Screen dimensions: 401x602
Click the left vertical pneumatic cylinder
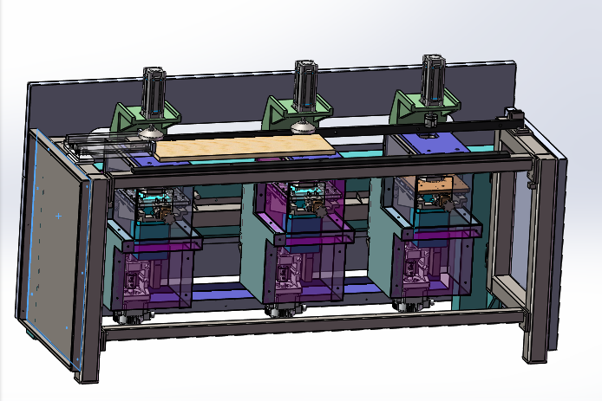154,91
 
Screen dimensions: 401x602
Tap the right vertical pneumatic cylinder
434,80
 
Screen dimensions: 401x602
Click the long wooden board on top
243,148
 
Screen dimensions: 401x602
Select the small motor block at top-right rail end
512,116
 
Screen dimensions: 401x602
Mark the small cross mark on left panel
58,215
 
